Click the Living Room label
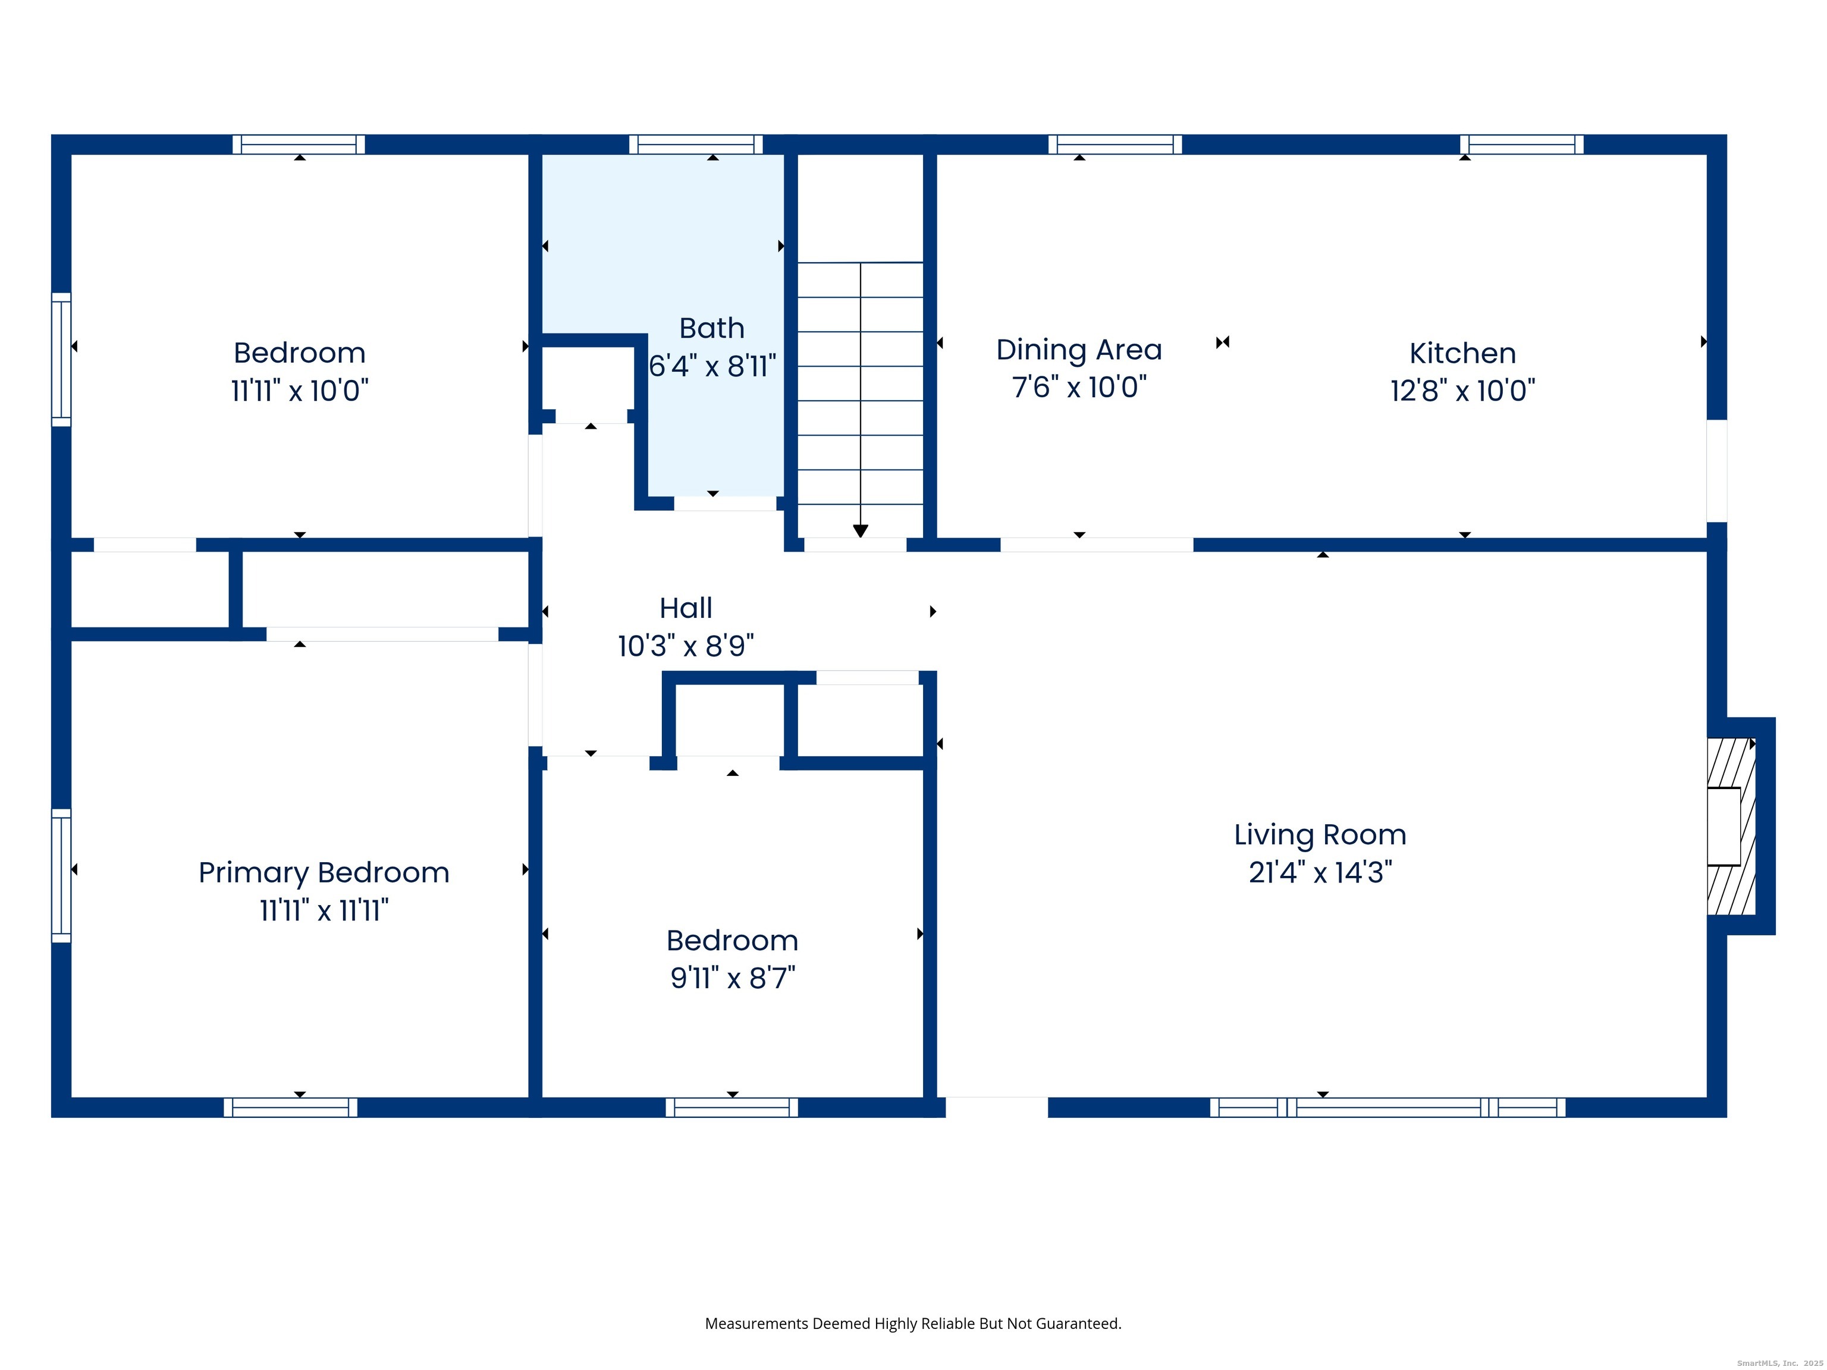tap(1320, 835)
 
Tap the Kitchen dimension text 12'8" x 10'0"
tap(1463, 391)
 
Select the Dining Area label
tap(1079, 350)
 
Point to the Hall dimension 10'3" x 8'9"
tap(686, 646)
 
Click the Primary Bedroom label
tap(324, 873)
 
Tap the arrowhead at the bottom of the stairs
tap(860, 531)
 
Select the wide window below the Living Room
tap(1387, 1107)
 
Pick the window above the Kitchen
tap(1521, 144)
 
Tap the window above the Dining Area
tap(1115, 144)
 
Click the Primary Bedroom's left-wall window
tap(61, 875)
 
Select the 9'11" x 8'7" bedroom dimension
tap(733, 978)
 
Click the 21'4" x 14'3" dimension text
tap(1320, 872)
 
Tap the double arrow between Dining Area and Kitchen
tap(1222, 342)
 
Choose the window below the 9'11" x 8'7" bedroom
tap(732, 1107)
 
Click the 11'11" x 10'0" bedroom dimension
tap(300, 391)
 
